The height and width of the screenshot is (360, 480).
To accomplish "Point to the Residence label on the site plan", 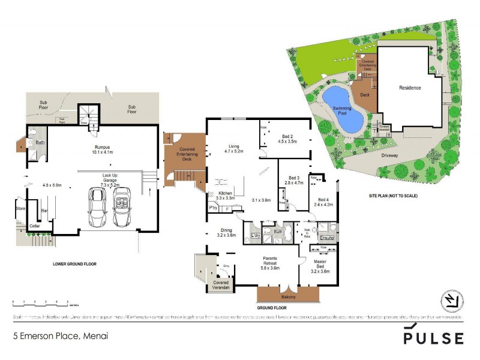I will [410, 88].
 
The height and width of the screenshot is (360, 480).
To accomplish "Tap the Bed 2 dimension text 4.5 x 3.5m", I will [287, 142].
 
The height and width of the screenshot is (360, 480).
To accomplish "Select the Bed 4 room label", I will [323, 202].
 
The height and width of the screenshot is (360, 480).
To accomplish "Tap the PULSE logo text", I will [433, 338].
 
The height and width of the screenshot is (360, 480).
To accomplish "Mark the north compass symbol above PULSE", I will [450, 300].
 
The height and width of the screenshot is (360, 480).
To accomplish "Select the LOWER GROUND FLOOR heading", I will [74, 264].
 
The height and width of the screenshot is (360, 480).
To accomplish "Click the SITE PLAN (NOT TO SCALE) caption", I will [393, 196].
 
